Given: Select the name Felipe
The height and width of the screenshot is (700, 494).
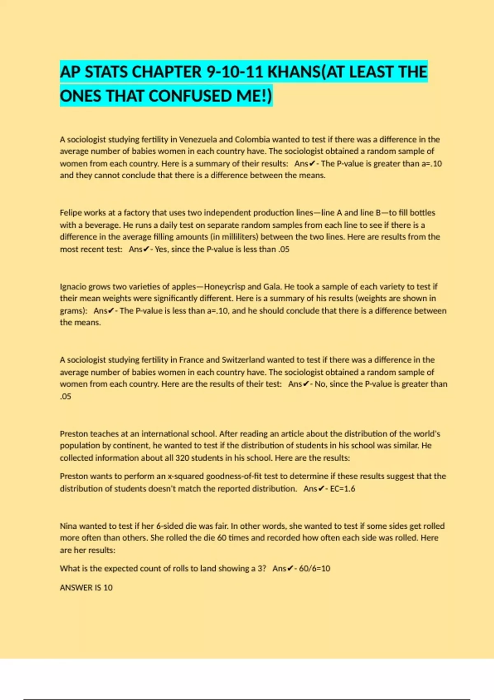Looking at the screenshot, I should pyautogui.click(x=70, y=213).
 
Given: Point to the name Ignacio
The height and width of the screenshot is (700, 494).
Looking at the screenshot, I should pyautogui.click(x=73, y=287).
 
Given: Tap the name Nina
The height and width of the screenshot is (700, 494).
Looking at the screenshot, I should pyautogui.click(x=68, y=526).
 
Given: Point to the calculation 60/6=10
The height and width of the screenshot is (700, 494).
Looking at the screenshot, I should pyautogui.click(x=315, y=569).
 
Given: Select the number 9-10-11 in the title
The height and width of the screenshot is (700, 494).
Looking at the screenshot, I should pyautogui.click(x=234, y=72).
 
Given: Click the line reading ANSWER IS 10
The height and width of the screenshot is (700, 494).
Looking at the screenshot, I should pyautogui.click(x=86, y=588).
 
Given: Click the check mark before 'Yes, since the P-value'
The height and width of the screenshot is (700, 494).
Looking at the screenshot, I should pyautogui.click(x=147, y=249).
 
